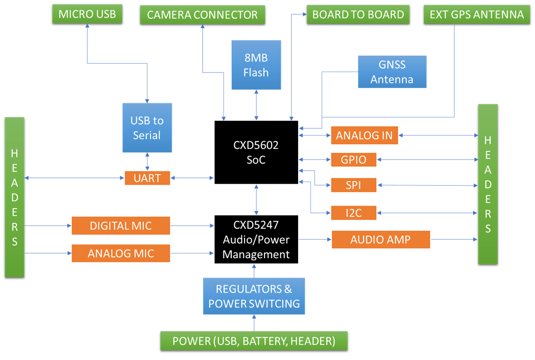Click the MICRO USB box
[x=87, y=14]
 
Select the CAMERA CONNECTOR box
[x=203, y=15]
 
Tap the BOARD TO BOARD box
[x=358, y=14]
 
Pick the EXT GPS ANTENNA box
[x=477, y=14]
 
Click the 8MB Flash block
[x=256, y=65]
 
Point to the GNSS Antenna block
[x=392, y=72]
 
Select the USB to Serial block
[x=147, y=128]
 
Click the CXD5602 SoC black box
[x=256, y=152]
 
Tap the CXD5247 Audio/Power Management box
[x=256, y=239]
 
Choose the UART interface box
[x=147, y=178]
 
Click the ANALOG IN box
[x=364, y=136]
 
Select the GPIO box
[x=353, y=160]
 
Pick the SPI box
[x=353, y=185]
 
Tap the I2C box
[x=353, y=213]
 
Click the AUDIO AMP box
[x=381, y=239]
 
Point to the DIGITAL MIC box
[x=121, y=226]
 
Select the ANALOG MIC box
[x=121, y=253]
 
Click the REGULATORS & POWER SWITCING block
[x=254, y=296]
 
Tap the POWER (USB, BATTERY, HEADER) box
[x=254, y=341]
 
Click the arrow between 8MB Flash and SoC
[x=256, y=105]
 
